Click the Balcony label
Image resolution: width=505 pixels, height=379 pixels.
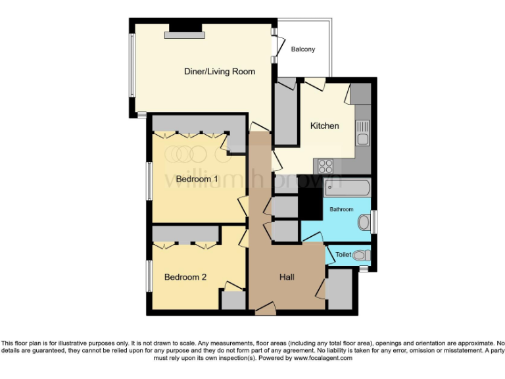(303, 49)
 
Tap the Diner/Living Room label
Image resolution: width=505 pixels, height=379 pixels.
(219, 71)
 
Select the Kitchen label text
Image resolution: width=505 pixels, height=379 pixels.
(325, 126)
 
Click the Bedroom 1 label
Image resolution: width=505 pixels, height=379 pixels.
(196, 179)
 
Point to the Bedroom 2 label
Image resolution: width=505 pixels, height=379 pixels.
(185, 277)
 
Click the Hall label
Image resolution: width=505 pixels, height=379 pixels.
(287, 277)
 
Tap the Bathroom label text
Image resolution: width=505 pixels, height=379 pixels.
(341, 209)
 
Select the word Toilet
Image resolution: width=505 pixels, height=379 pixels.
(343, 255)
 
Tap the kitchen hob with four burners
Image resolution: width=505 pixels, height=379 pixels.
(325, 165)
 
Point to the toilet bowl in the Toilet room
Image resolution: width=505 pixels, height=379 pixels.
(360, 255)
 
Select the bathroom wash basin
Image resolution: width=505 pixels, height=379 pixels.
(364, 222)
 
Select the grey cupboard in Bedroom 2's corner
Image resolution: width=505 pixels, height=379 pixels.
(233, 300)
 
